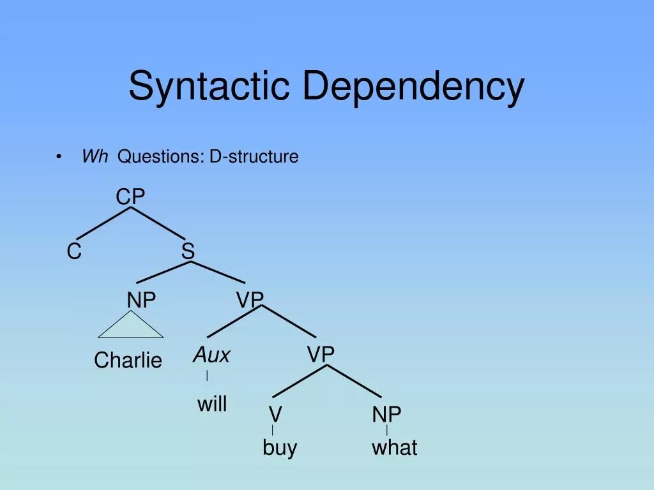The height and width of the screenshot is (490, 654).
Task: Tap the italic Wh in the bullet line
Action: [x=95, y=156]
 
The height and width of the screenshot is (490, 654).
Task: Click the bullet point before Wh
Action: [x=59, y=157]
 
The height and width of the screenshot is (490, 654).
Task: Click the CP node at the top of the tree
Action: [x=130, y=197]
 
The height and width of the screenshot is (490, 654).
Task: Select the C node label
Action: [x=74, y=252]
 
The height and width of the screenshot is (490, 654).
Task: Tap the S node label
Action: [x=188, y=251]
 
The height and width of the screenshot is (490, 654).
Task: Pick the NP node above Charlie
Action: [x=141, y=301]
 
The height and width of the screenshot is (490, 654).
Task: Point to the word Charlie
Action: [x=128, y=360]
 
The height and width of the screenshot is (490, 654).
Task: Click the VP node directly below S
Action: [x=250, y=300]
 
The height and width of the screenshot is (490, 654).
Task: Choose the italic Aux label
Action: [x=211, y=355]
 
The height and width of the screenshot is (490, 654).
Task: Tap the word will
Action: [x=212, y=403]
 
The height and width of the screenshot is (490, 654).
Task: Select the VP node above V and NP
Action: [x=321, y=355]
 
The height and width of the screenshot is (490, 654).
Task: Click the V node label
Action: [x=275, y=415]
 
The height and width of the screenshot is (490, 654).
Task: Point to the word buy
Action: [x=280, y=447]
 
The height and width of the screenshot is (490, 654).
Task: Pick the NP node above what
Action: [x=386, y=415]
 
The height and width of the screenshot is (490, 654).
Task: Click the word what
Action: [x=394, y=447]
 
